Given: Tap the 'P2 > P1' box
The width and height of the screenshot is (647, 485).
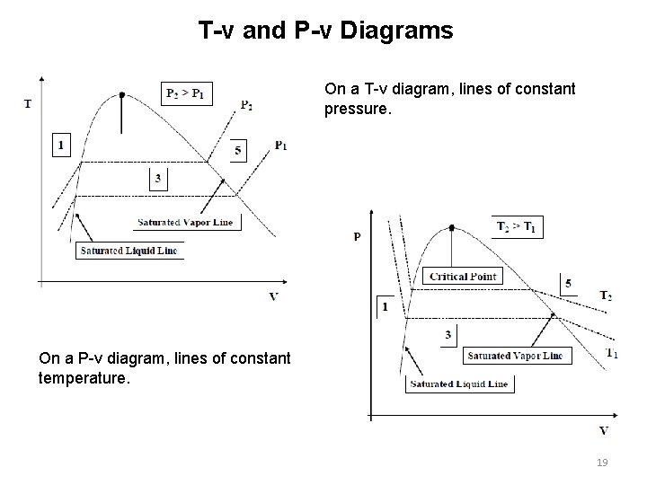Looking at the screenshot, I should tap(186, 93).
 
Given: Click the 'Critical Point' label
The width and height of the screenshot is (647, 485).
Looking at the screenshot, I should tap(463, 277).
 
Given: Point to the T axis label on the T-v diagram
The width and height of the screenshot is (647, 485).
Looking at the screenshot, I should tap(28, 103).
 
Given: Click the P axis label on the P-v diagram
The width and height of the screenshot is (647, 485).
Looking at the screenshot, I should tap(358, 237).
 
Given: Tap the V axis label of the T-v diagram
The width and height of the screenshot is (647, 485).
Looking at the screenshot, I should tap(273, 296).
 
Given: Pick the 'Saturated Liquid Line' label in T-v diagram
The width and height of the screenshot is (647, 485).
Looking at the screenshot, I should tap(129, 251).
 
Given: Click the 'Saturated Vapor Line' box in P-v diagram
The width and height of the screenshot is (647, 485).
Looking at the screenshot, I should tap(515, 356).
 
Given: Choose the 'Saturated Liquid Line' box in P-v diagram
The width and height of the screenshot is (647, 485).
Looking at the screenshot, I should tap(458, 384).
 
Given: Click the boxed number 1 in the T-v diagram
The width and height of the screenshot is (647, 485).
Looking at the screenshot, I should tap(61, 145).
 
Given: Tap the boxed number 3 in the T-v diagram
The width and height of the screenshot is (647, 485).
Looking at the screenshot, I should tap(158, 179).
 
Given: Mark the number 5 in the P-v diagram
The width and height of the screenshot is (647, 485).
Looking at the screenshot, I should tap(568, 284).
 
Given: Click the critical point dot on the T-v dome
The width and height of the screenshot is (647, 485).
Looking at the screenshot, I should tap(122, 94).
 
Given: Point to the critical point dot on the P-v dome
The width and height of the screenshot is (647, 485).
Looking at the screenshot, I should tap(450, 227).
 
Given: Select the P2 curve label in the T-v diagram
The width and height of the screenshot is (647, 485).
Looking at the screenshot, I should tap(246, 105).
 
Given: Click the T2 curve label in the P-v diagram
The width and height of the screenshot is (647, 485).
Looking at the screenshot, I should tap(607, 295).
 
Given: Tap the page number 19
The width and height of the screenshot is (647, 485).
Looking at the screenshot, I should tap(603, 462).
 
